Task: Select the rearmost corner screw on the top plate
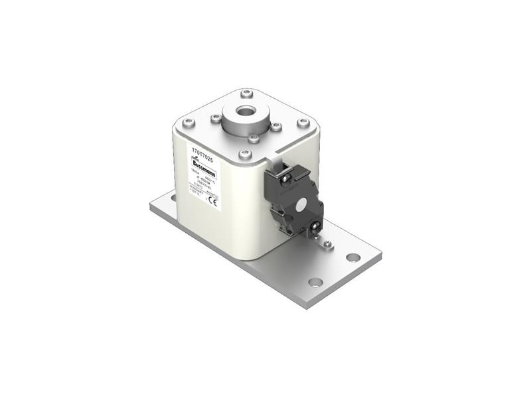(x=246, y=93)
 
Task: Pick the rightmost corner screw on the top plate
(x=303, y=123)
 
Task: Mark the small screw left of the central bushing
(x=216, y=119)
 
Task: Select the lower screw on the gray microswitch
(x=312, y=230)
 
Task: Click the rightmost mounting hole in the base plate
(x=353, y=257)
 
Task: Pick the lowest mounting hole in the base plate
(x=316, y=282)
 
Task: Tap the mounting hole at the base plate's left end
(x=173, y=198)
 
